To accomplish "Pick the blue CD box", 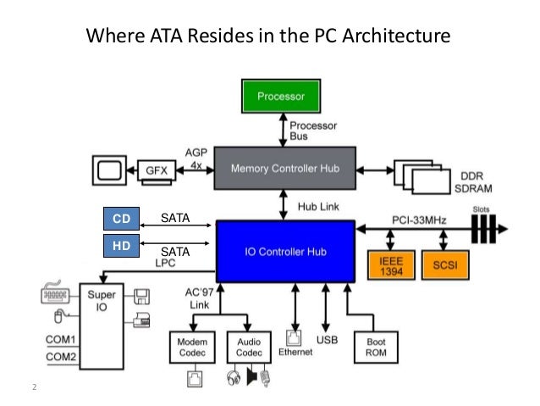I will tap(122, 219).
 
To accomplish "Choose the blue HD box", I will tap(122, 245).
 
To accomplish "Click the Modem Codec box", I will tap(192, 348).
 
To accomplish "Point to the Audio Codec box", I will tap(249, 348).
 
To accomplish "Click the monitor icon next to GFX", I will tap(108, 169).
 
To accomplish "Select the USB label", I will tap(327, 340).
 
